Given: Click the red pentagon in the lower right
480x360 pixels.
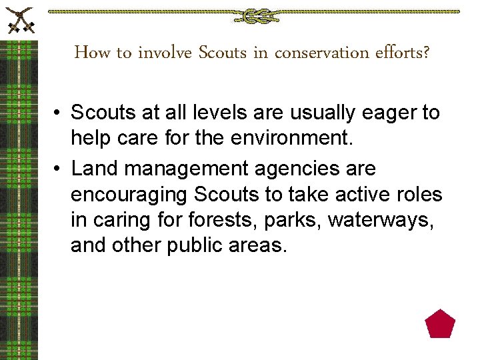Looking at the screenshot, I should pyautogui.click(x=440, y=324).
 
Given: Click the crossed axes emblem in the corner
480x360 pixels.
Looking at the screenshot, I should pyautogui.click(x=19, y=19).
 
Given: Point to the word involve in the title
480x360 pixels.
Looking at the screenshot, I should pyautogui.click(x=165, y=53).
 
